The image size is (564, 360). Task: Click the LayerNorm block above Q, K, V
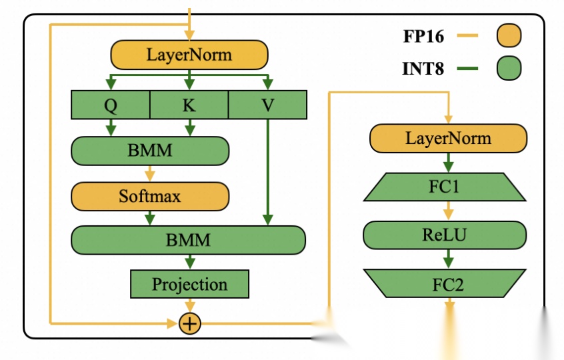coord(189,55)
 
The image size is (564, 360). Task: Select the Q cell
coord(110,105)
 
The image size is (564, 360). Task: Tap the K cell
coord(189,105)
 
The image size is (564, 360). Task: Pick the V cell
coord(267,105)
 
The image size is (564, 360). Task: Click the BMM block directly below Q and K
coord(149,151)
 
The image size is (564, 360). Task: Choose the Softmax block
coord(149,196)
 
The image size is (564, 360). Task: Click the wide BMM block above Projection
coord(188,239)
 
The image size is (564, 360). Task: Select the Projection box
coord(189,284)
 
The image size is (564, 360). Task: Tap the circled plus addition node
coord(189,323)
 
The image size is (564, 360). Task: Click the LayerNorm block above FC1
coord(448,139)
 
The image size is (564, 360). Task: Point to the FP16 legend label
coord(423,37)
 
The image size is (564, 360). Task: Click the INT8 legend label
coord(423,68)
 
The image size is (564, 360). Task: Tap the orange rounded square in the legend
coord(509,36)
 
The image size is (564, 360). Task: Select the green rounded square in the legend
coord(509,68)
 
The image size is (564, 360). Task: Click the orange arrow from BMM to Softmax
coord(149,173)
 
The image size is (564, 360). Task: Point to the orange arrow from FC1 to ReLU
coord(448,211)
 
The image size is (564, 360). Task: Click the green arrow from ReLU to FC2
coord(448,259)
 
